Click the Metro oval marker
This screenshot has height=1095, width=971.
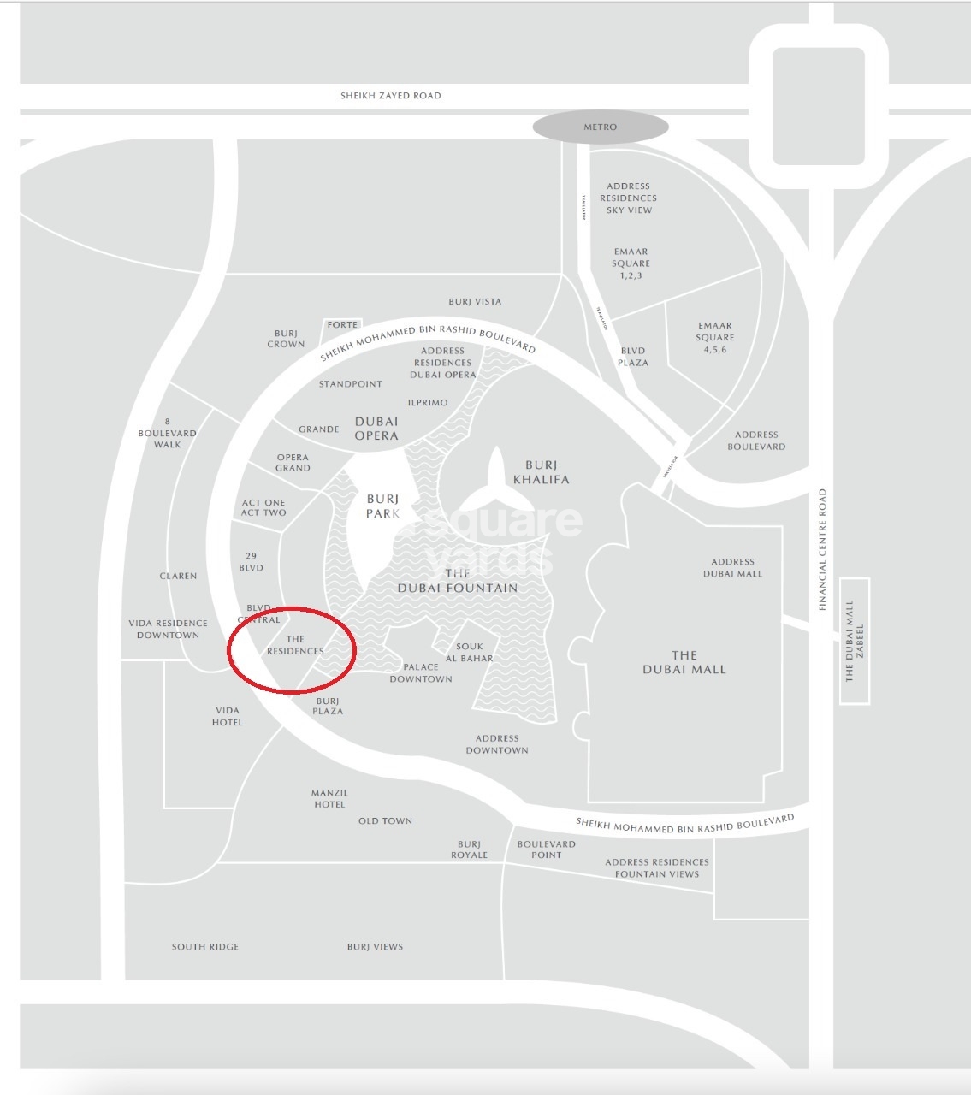click(x=600, y=127)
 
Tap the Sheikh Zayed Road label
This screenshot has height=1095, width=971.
click(x=391, y=96)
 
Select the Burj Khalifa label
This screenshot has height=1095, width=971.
click(x=541, y=472)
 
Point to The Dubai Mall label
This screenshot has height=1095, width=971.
click(x=684, y=662)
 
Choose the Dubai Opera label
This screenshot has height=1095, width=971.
click(x=376, y=428)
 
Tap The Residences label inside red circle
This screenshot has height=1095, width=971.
click(x=295, y=645)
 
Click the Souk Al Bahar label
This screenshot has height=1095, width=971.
click(x=469, y=653)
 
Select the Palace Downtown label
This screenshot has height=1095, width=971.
click(x=421, y=672)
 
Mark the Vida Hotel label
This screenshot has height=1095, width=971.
click(x=228, y=716)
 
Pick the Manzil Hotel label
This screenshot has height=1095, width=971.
click(x=329, y=798)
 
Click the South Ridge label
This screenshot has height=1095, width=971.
click(x=205, y=947)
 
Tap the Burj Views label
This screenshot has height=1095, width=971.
click(x=375, y=947)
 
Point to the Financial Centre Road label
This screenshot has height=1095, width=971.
click(x=823, y=549)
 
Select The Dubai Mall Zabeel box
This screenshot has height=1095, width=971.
click(x=854, y=641)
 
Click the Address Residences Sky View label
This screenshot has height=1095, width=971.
click(x=629, y=198)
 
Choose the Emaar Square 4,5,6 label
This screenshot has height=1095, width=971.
click(x=715, y=337)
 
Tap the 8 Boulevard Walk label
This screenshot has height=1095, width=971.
click(x=168, y=433)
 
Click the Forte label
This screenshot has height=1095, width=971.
click(x=342, y=325)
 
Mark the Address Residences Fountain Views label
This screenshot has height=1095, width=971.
click(x=657, y=867)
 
